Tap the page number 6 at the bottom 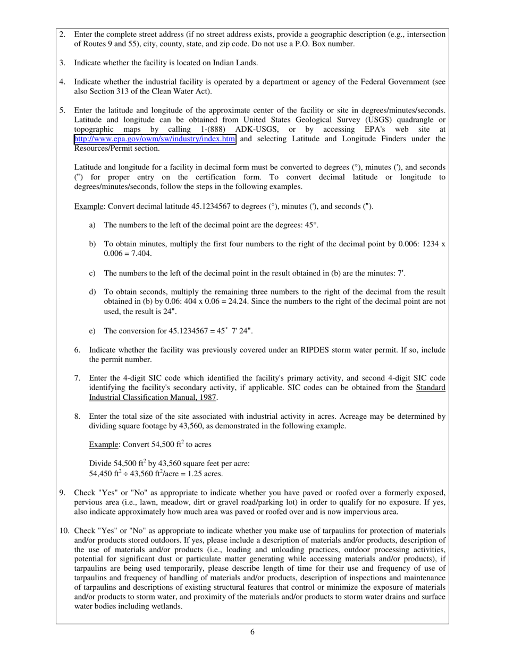click(252, 632)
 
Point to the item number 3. click(62, 63)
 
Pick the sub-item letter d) click(92, 292)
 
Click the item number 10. click(64, 530)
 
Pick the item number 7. click(77, 378)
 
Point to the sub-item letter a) click(92, 225)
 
